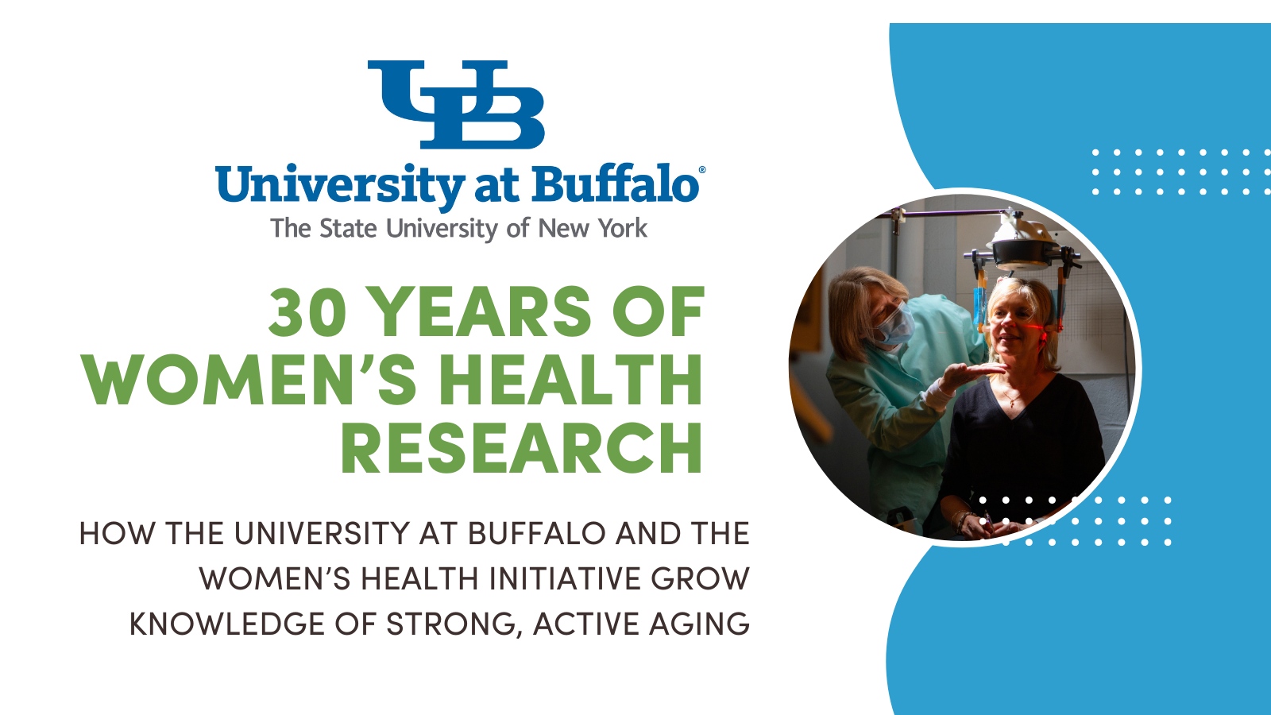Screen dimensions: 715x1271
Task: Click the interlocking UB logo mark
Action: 456,104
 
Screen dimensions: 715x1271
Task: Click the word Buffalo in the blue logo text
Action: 615,185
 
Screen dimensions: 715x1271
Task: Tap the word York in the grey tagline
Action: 623,229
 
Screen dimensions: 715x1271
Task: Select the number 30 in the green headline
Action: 307,312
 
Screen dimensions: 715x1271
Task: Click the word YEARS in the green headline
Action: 482,312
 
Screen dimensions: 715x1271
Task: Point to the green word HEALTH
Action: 570,380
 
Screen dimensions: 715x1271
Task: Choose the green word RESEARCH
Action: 522,448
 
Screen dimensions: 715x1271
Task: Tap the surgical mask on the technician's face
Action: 896,326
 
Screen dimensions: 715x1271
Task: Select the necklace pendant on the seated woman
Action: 1012,404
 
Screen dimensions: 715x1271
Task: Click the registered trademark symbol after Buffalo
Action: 701,170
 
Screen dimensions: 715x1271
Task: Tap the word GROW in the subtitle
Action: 700,579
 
